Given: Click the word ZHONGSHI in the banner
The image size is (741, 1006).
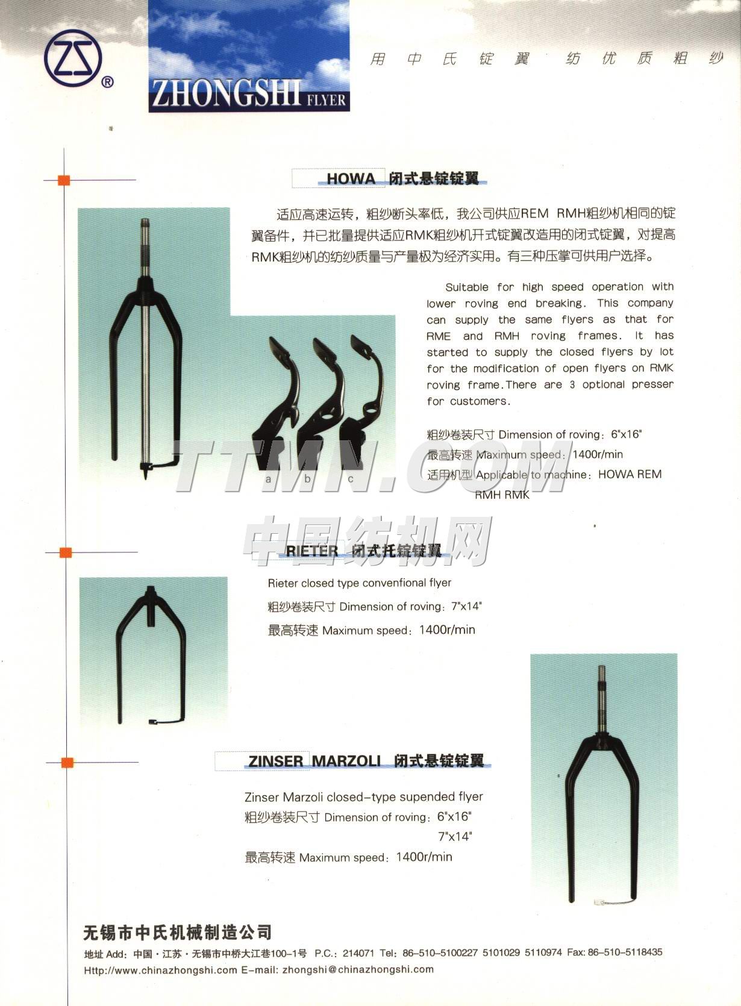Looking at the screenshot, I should pyautogui.click(x=226, y=96).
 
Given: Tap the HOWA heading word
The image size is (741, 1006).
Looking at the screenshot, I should pyautogui.click(x=351, y=178).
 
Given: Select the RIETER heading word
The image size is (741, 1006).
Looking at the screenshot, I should pyautogui.click(x=312, y=550).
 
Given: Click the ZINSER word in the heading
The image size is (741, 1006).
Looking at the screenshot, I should pyautogui.click(x=275, y=761).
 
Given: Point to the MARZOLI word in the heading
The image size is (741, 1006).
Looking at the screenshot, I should pyautogui.click(x=346, y=761).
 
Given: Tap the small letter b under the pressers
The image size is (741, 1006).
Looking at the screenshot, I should pyautogui.click(x=307, y=479).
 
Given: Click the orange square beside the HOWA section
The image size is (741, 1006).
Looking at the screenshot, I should pyautogui.click(x=64, y=180).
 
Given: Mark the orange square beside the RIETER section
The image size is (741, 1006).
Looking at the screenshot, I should pyautogui.click(x=66, y=551).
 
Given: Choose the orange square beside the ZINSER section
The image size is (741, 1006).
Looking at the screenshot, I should pyautogui.click(x=67, y=763).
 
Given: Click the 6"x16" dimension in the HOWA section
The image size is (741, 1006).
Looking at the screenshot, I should pyautogui.click(x=627, y=434).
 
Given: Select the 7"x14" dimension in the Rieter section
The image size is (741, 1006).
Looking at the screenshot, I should pyautogui.click(x=465, y=606).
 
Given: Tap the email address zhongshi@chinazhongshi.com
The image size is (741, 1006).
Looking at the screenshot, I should pyautogui.click(x=357, y=969).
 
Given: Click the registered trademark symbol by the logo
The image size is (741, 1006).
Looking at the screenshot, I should pyautogui.click(x=107, y=82).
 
